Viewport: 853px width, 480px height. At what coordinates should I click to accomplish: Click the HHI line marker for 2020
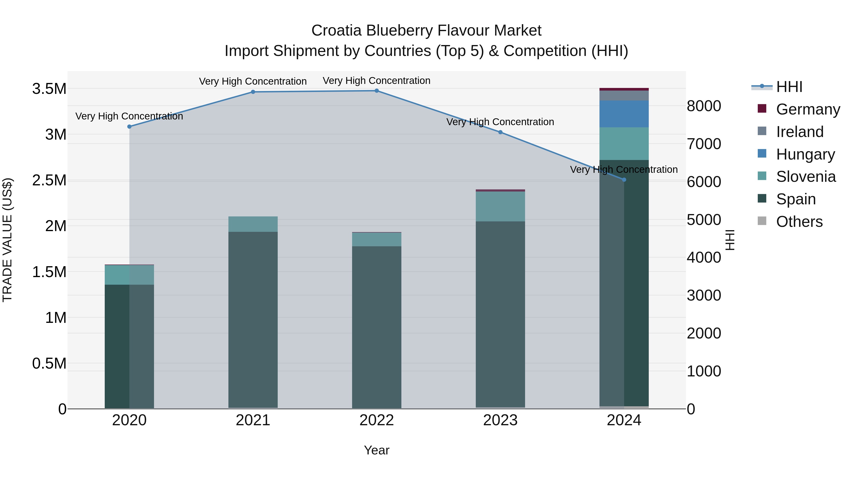pos(129,127)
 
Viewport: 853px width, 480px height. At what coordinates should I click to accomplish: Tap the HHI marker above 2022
pos(377,91)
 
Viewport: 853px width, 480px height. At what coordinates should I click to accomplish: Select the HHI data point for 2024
pos(624,179)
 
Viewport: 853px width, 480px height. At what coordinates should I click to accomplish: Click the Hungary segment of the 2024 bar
pos(624,114)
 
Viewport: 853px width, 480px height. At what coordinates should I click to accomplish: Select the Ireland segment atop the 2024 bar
pos(624,95)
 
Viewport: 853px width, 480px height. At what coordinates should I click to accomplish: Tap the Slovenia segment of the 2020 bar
pos(129,275)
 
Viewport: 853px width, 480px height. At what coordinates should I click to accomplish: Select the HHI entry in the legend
pos(789,87)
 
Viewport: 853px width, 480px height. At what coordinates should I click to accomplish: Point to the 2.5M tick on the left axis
pos(49,181)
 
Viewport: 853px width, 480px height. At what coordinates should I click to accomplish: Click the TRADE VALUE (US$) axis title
pos(8,240)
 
